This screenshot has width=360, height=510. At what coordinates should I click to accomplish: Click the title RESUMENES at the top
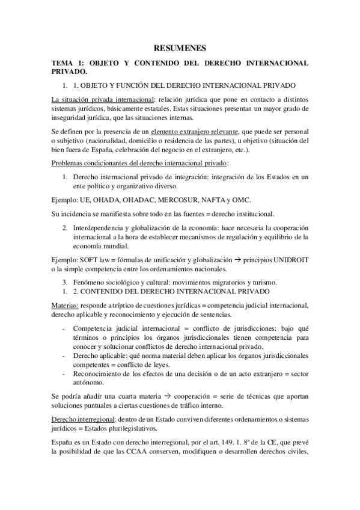tap(180, 48)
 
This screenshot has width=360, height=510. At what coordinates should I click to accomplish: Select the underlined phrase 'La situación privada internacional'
tap(101, 99)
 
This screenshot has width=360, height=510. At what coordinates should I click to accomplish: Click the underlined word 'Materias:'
tap(65, 305)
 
